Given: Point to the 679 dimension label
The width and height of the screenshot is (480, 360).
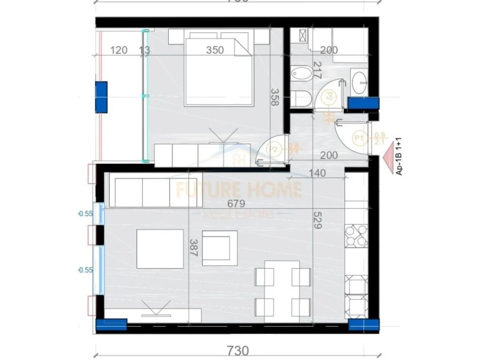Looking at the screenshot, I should [236, 204].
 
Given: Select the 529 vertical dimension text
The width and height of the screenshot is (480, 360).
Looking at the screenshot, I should [317, 220].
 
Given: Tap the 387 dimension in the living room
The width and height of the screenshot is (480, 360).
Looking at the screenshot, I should [193, 248].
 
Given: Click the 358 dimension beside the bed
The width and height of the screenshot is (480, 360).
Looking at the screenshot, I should [274, 97].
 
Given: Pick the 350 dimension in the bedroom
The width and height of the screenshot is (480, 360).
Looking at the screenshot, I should [215, 50].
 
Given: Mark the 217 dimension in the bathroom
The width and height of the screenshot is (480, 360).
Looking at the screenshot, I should [317, 69].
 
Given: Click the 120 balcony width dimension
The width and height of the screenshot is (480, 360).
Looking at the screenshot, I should [118, 50].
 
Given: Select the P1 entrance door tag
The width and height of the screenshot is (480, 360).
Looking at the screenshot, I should [360, 137].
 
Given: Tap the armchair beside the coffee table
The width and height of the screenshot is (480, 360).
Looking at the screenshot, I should [219, 248].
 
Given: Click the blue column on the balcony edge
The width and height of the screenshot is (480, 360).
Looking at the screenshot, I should [101, 96].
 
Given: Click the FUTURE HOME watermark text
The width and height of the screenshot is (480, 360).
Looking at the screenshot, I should [238, 190].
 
